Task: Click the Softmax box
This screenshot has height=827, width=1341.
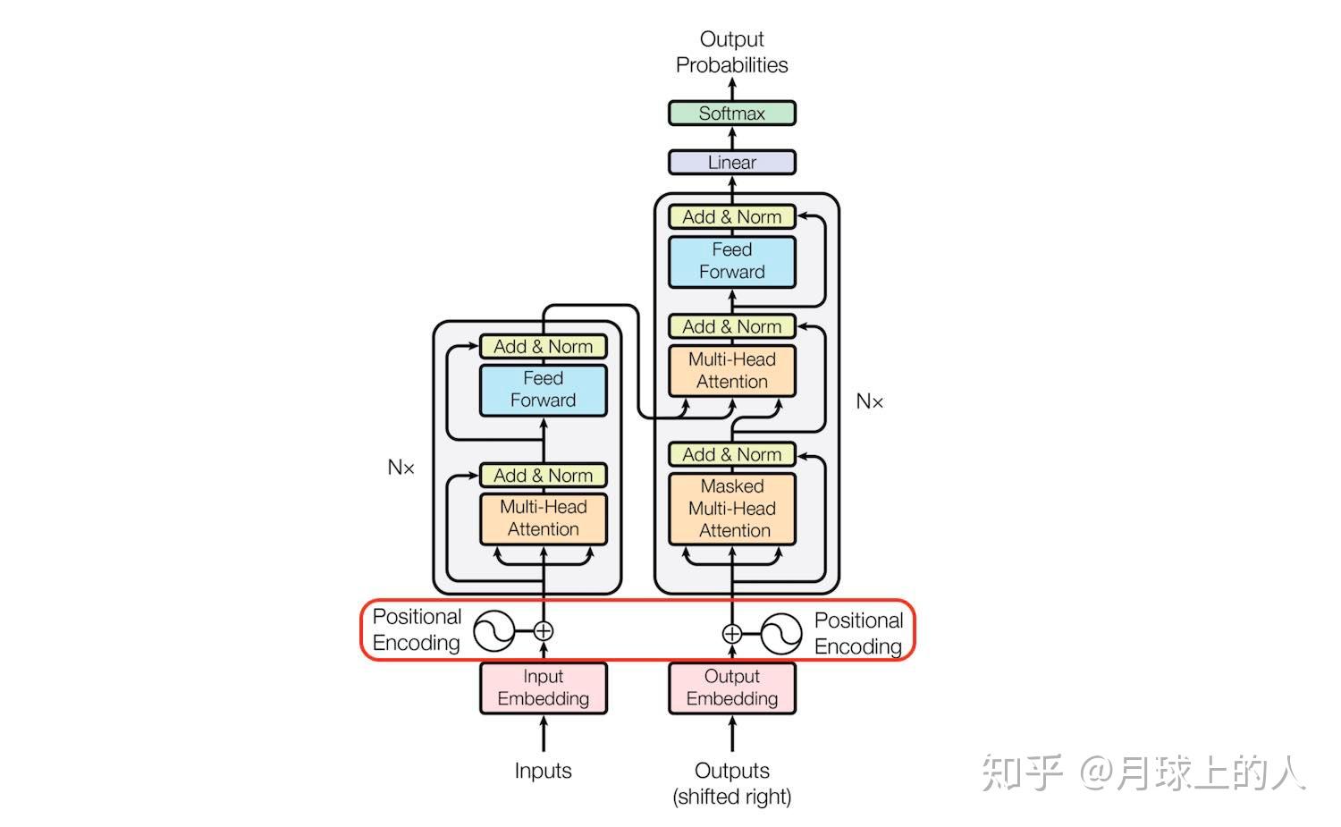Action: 731,114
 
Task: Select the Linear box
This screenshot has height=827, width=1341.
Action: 731,163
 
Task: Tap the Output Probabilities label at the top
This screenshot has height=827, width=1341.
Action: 731,52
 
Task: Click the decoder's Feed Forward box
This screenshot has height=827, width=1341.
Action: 731,261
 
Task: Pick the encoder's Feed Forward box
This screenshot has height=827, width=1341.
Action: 543,390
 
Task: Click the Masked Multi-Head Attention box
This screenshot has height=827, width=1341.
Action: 731,509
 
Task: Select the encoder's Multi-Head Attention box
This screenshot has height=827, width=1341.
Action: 543,519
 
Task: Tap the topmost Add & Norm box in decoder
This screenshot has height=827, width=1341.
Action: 731,217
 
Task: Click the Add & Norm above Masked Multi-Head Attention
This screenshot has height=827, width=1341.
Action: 731,455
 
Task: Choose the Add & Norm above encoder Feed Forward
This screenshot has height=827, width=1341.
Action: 543,347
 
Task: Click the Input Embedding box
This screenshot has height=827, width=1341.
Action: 543,688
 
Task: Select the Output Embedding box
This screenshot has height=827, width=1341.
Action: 731,688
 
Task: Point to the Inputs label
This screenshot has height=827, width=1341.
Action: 543,771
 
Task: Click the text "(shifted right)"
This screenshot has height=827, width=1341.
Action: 731,797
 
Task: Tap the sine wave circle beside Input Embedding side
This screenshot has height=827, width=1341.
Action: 493,631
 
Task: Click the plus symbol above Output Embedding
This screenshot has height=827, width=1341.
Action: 731,634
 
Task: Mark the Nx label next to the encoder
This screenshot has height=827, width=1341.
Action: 401,468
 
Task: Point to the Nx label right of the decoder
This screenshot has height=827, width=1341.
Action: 869,401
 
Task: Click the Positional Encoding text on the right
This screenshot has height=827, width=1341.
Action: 858,633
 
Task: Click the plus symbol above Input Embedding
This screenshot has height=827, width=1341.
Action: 543,631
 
